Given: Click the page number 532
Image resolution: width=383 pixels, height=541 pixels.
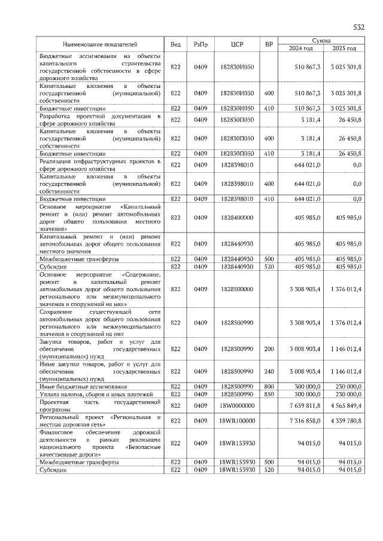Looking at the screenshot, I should tap(358, 27).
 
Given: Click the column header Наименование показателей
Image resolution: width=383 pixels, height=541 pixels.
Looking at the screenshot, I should tap(100, 44).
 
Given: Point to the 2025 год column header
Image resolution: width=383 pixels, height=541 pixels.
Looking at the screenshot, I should tap(344, 48).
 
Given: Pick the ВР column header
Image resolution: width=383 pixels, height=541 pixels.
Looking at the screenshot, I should tap(269, 44).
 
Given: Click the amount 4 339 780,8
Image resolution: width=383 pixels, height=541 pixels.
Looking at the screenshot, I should tap(345, 420).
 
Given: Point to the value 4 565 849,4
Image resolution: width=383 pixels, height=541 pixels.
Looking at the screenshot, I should tap(345, 405).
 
